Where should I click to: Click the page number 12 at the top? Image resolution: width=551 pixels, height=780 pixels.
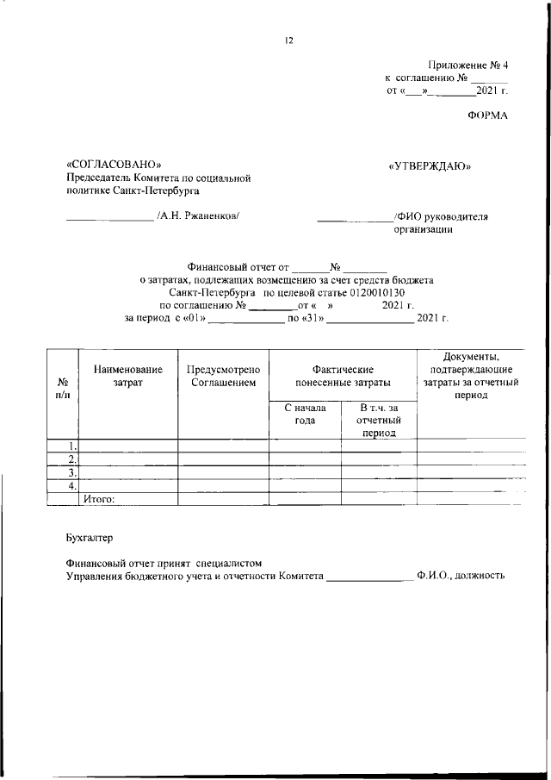coord(289,40)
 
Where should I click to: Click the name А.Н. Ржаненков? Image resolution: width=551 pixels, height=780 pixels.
coord(197,215)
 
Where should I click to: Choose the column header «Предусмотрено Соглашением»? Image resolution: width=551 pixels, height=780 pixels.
coord(223,375)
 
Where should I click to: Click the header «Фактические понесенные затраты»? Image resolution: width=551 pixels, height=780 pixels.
coord(342,375)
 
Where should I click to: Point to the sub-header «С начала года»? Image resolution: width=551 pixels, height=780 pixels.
coord(305,414)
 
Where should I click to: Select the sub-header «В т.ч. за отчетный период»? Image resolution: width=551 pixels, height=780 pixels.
coord(379,420)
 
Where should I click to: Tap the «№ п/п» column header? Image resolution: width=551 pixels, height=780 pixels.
coord(63,387)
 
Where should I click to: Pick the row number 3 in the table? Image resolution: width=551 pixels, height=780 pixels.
coord(73,472)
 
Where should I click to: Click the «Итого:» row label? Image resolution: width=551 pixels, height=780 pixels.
coord(99,498)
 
